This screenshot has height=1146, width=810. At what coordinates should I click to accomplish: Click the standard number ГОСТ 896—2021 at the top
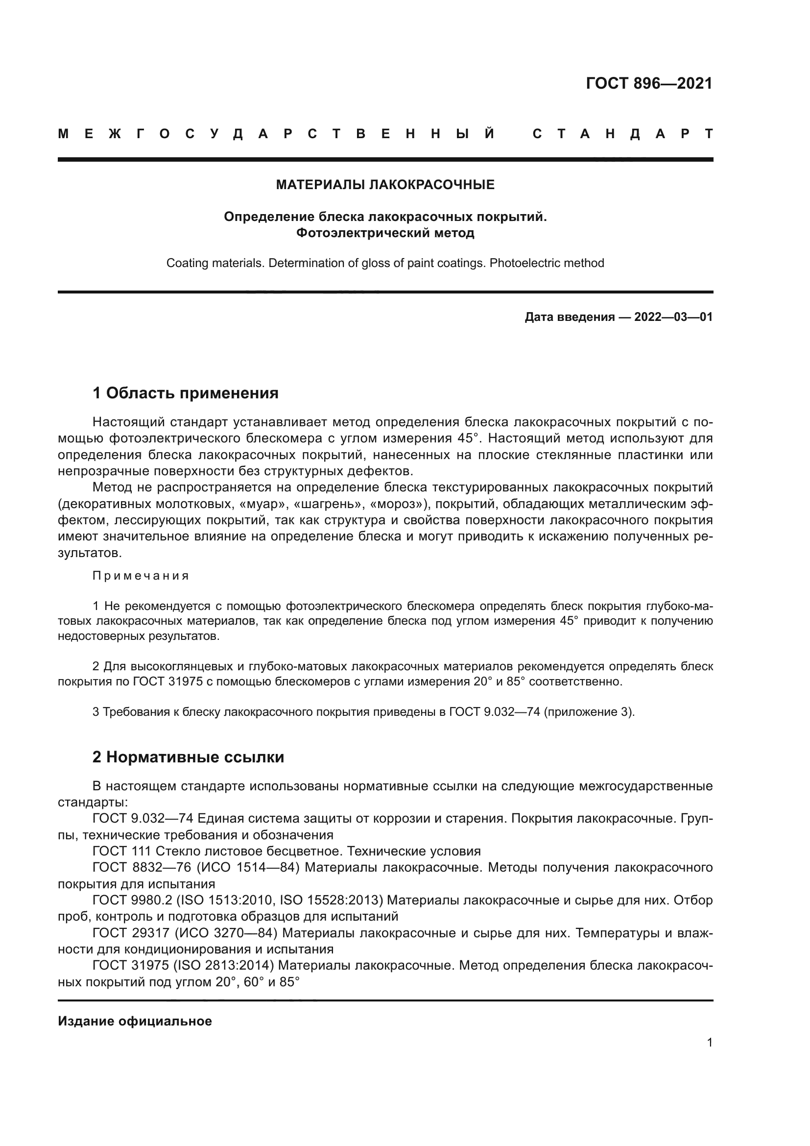649,83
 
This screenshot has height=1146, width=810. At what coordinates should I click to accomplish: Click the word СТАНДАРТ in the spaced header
622,134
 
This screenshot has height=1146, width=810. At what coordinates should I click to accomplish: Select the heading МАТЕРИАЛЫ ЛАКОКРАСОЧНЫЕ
385,185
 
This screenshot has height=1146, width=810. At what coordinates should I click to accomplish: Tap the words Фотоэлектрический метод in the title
385,233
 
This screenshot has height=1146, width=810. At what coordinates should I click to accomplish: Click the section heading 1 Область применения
185,393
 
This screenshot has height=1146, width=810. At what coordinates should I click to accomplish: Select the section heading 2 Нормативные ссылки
188,757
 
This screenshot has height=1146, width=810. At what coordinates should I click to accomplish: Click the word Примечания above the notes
141,576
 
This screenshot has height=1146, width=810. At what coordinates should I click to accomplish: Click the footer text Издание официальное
135,1021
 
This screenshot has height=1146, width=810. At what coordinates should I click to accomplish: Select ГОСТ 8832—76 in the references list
142,868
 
